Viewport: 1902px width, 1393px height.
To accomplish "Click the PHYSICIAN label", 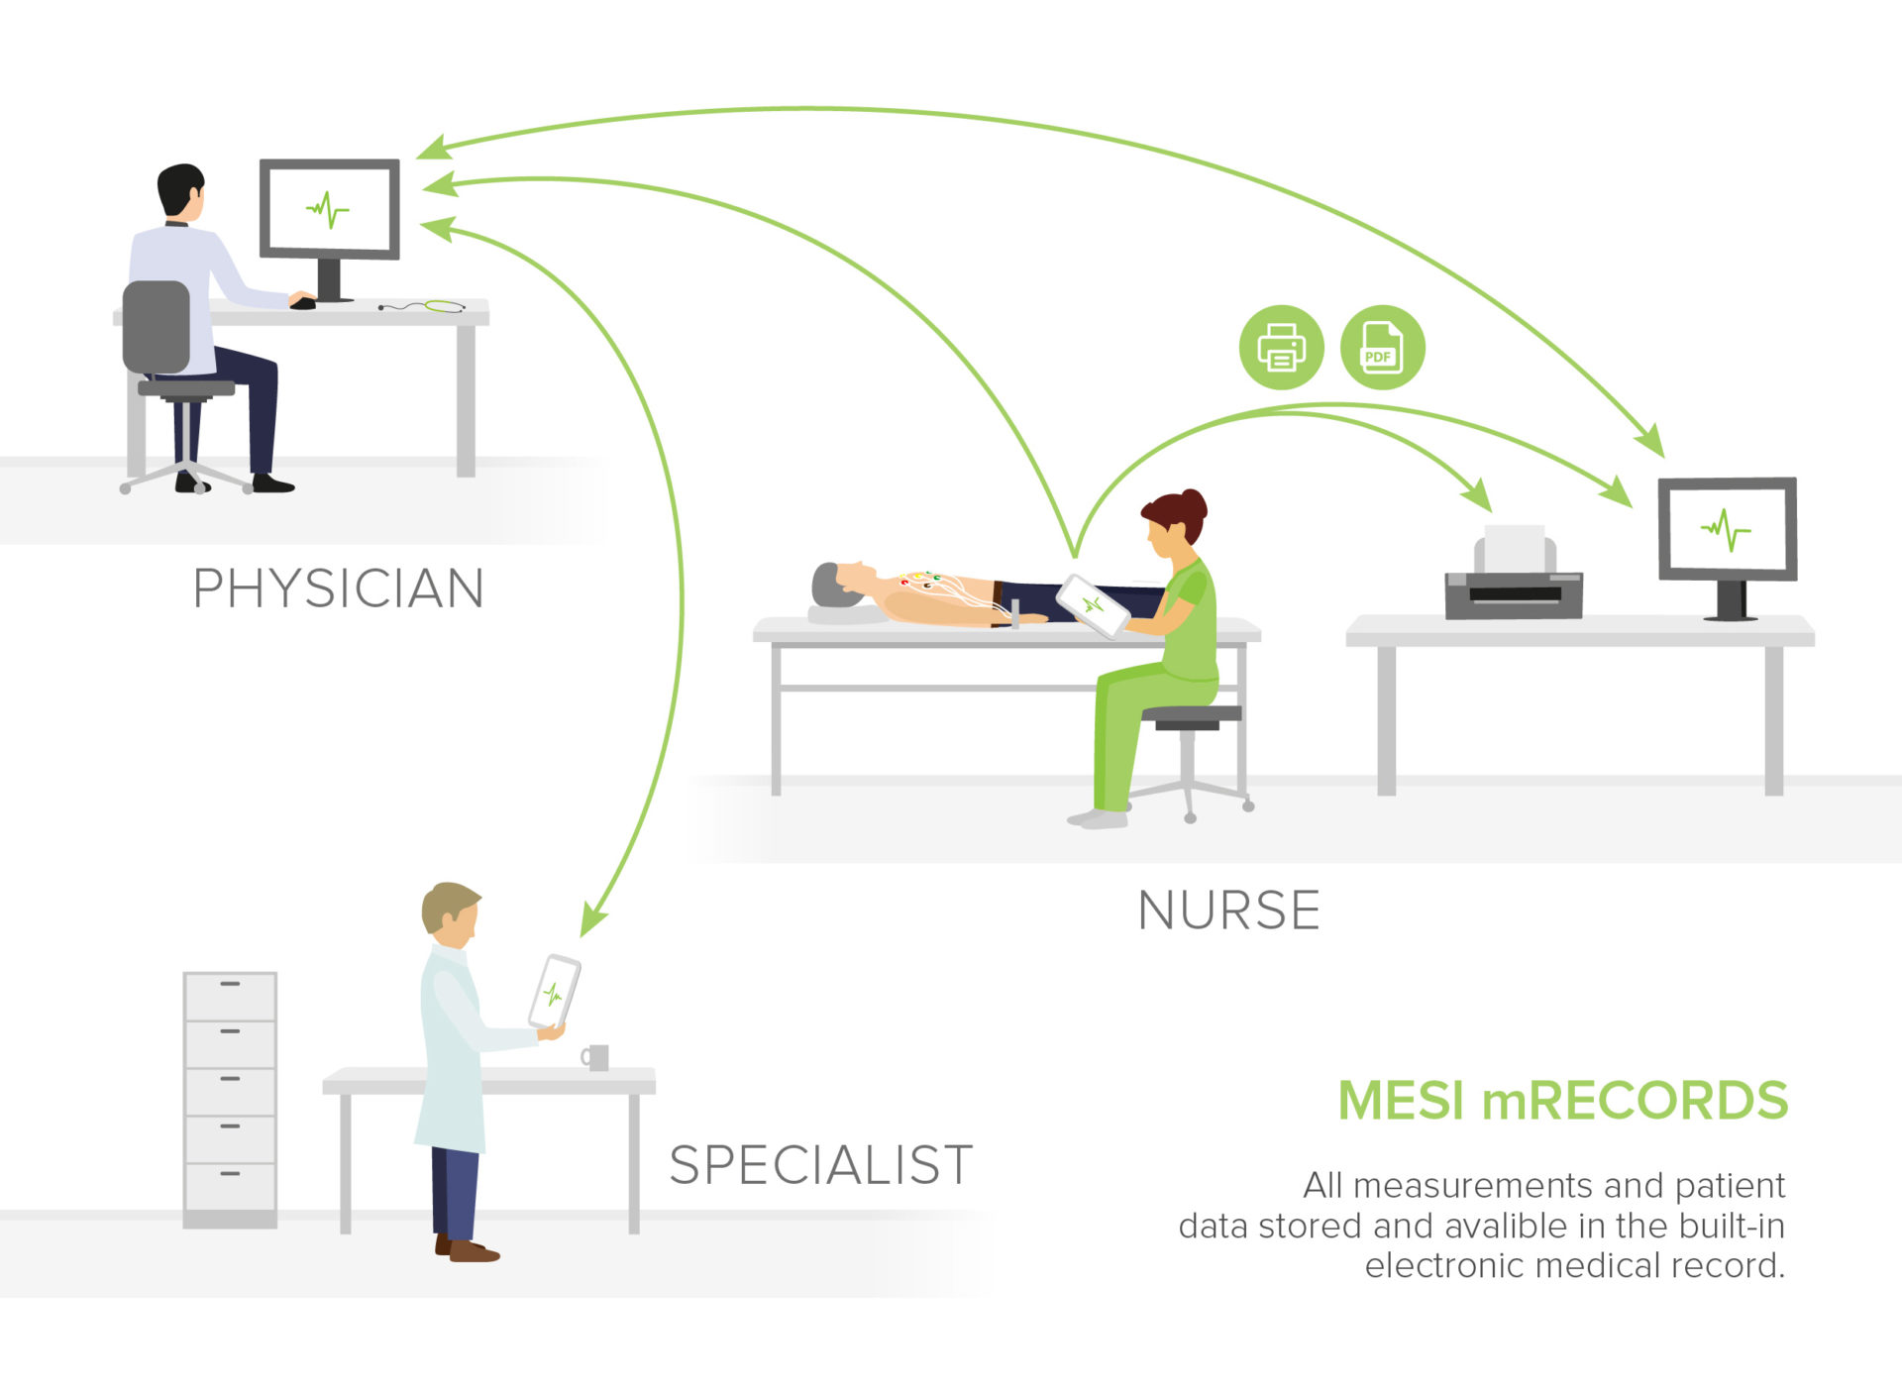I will pos(338,589).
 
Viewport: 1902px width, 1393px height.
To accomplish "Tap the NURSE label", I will pos(1228,911).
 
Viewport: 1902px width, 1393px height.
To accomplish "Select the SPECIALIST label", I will pos(820,1165).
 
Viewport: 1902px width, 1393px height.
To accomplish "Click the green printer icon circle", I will pos(1281,348).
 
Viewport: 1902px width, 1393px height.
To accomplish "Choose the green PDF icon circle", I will pos(1382,348).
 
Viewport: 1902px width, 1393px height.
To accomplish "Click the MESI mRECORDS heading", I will pos(1562,1101).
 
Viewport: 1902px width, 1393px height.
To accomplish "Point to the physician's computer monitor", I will pos(330,210).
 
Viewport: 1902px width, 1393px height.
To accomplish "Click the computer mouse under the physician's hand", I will pos(303,302).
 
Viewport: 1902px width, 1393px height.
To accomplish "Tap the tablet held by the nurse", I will pos(1093,605).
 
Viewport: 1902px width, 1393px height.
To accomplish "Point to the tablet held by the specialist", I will pos(554,992).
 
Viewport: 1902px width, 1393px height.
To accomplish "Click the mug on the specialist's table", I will pos(596,1057).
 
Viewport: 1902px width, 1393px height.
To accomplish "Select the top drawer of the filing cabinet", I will pos(230,996).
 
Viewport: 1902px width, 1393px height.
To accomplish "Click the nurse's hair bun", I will pos(1194,502).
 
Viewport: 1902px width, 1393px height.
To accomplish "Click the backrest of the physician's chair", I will pos(157,327).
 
